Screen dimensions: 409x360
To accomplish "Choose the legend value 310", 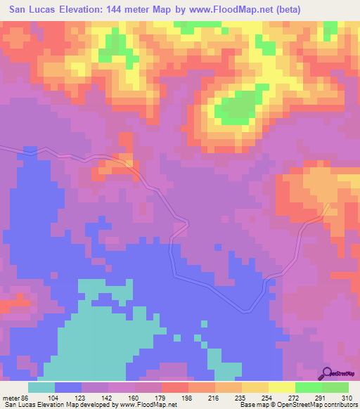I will [347, 397].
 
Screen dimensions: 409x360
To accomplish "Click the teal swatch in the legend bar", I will [41, 387].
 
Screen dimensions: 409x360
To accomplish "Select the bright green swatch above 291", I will [308, 387].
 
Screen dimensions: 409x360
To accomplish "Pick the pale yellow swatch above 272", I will [281, 387].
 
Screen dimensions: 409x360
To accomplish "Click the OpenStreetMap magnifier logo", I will [328, 373].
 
